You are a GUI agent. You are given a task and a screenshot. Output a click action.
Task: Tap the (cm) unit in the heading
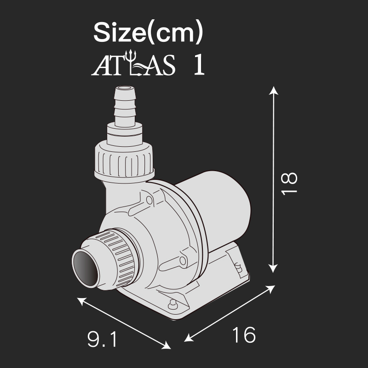click(x=177, y=33)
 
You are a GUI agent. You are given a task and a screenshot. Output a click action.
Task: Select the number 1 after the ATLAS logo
click(x=198, y=65)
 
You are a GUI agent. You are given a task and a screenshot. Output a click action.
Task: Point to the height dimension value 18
click(x=290, y=184)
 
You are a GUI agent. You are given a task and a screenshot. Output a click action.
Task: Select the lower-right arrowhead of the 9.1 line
click(x=167, y=345)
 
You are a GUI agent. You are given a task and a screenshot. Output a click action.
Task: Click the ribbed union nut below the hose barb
click(x=125, y=161)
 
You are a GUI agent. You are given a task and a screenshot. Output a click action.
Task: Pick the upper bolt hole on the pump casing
click(x=148, y=200)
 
